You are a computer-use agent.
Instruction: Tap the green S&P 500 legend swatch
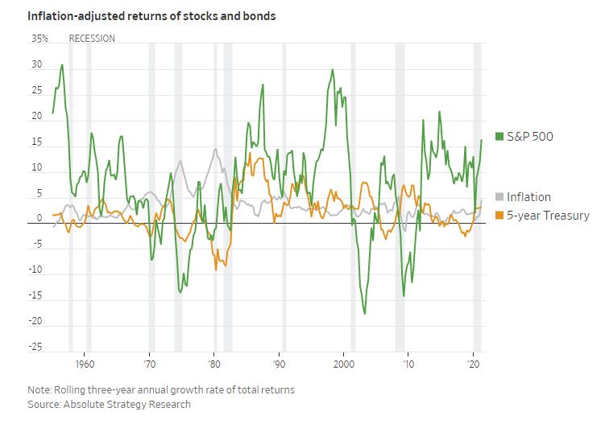click(499, 137)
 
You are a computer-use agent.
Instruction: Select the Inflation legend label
click(528, 197)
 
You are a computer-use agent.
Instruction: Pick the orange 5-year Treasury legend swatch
click(499, 216)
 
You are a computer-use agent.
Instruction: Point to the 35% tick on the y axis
click(39, 39)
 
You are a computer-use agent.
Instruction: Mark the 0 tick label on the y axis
click(39, 219)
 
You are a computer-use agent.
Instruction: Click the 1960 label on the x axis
click(85, 363)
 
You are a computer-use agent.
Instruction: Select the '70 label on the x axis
click(149, 363)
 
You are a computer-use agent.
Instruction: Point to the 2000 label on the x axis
click(343, 363)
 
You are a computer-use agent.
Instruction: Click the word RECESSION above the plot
click(92, 39)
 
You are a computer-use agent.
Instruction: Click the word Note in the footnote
click(39, 390)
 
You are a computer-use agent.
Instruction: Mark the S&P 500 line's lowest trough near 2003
click(364, 313)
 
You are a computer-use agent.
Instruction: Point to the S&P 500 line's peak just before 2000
click(332, 70)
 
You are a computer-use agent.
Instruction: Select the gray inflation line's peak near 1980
click(215, 149)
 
